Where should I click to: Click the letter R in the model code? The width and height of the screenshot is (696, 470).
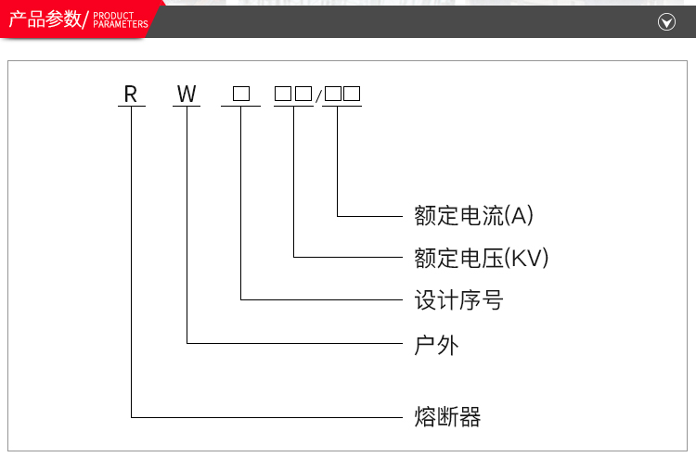tap(131, 94)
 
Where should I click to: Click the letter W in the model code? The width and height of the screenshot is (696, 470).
tap(187, 94)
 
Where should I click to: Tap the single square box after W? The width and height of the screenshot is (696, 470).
tap(241, 94)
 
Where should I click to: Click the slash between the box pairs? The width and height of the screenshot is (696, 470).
tap(318, 95)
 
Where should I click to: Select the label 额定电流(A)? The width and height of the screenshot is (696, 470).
tap(473, 216)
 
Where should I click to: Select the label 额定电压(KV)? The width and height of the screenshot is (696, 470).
tap(482, 258)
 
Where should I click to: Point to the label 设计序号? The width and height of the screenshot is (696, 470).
tap(458, 300)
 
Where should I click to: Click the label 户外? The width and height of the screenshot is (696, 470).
tap(436, 345)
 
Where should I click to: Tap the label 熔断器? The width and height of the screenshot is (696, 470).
tap(447, 416)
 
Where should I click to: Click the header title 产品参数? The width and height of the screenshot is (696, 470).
tap(45, 19)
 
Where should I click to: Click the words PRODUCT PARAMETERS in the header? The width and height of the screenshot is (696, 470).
tap(121, 20)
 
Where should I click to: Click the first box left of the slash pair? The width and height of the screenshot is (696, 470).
tap(283, 94)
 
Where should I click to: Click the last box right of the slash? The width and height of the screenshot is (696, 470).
tap(352, 94)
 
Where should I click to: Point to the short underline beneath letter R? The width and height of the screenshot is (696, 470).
tap(131, 106)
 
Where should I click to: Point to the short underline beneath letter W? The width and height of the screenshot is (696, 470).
tap(187, 106)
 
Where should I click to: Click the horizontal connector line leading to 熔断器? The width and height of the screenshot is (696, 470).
tap(269, 416)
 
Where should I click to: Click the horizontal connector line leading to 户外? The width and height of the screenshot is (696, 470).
tap(297, 344)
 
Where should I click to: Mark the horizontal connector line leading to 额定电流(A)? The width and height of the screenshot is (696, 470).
tap(371, 216)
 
